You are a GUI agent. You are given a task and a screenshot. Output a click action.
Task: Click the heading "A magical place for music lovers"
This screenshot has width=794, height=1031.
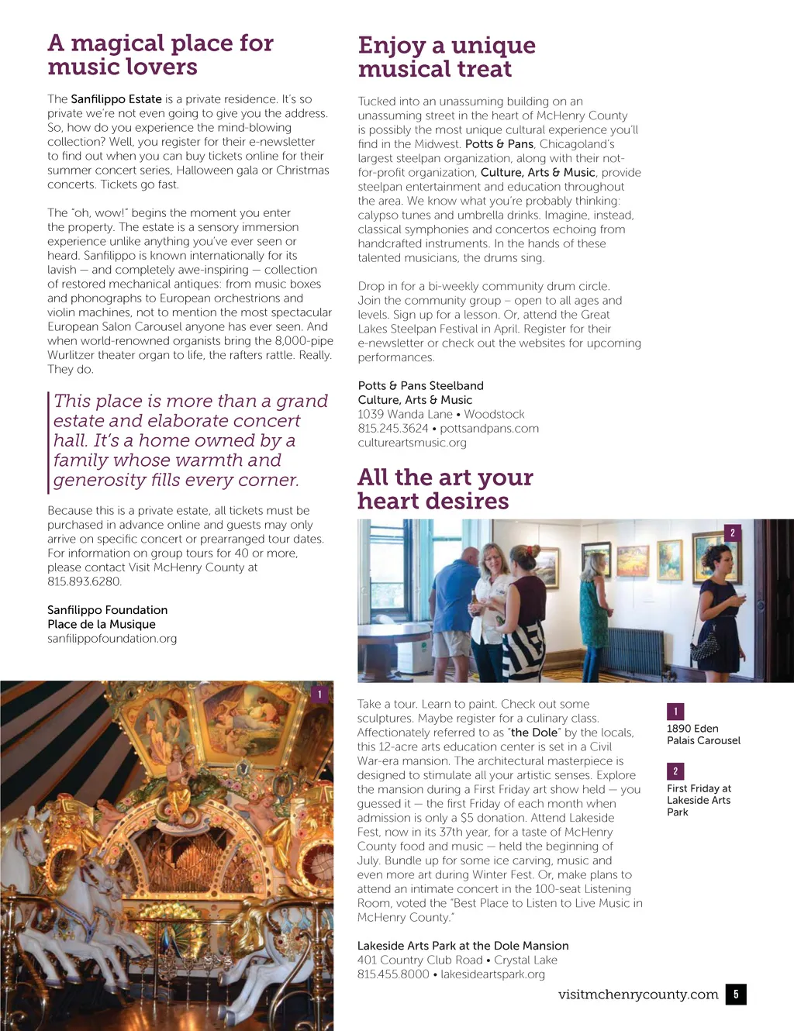tap(161, 54)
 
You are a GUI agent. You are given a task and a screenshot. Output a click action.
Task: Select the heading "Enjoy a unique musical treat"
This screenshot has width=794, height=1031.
tap(447, 57)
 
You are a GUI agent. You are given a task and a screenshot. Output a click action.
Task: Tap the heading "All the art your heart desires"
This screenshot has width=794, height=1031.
tap(445, 488)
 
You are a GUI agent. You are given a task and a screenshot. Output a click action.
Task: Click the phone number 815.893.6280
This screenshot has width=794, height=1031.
tap(84, 581)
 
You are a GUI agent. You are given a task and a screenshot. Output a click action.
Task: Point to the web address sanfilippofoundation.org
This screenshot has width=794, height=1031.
tap(112, 639)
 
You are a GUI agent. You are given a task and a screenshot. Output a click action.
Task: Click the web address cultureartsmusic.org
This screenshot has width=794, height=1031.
tap(412, 443)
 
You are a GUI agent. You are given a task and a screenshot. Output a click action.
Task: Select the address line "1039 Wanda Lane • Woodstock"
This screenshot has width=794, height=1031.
tap(441, 414)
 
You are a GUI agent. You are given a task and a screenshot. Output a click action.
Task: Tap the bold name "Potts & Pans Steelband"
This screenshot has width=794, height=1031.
tap(420, 385)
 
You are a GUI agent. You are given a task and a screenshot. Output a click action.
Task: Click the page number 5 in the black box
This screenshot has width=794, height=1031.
tap(736, 994)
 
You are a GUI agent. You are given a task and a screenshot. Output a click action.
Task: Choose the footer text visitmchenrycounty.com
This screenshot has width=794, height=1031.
tap(638, 994)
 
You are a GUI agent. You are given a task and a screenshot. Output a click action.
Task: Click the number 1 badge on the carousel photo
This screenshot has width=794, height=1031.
tap(320, 695)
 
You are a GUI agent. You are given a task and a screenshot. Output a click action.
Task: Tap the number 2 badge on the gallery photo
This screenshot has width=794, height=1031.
tap(733, 533)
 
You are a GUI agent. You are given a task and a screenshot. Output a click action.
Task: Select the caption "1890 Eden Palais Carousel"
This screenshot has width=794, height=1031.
tap(703, 734)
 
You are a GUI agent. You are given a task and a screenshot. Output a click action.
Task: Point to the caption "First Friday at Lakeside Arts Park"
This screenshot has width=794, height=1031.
tap(699, 800)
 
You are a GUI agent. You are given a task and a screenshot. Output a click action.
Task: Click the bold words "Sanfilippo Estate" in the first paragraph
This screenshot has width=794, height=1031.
tap(116, 99)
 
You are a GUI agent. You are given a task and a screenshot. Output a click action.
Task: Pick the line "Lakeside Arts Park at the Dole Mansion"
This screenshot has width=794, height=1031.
tap(463, 946)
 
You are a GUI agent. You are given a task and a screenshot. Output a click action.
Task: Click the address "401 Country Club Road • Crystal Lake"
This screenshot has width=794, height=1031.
tap(457, 960)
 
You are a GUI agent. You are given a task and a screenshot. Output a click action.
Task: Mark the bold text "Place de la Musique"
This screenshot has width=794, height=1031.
tap(102, 624)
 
